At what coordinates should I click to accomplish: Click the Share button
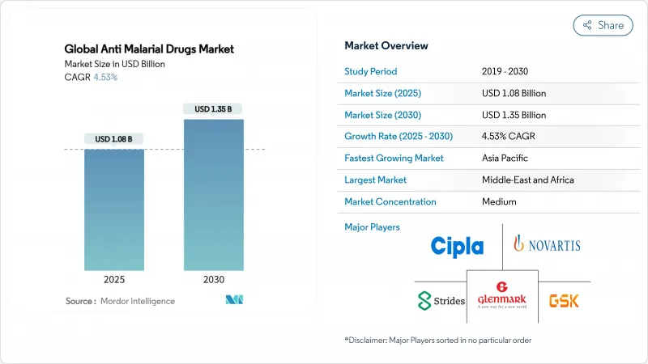[603, 25]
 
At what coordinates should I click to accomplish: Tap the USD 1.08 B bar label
[114, 138]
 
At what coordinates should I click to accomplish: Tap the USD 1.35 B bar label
[215, 108]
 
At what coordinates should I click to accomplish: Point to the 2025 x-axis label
[114, 281]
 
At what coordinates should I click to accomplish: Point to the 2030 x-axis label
[215, 281]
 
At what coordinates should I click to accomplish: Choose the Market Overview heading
[386, 45]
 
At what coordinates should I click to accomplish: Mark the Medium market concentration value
[500, 202]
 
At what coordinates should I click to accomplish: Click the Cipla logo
[457, 247]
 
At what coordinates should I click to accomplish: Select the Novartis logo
[547, 243]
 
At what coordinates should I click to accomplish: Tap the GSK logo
[564, 300]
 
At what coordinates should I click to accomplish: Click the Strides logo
[441, 300]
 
